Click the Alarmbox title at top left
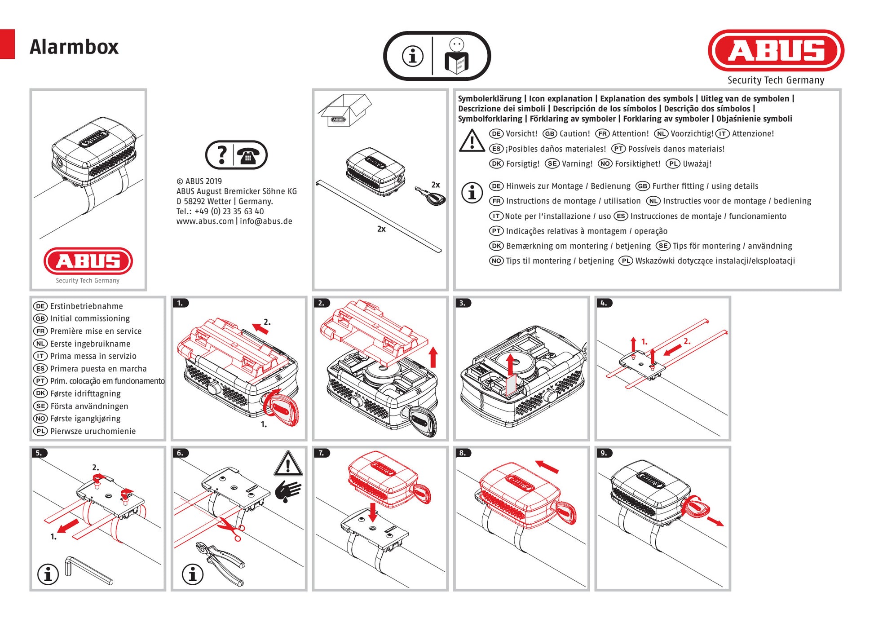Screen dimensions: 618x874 [74, 47]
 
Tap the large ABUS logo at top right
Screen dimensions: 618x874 [776, 50]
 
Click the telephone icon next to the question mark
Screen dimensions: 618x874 [248, 155]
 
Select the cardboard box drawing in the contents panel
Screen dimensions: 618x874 [344, 110]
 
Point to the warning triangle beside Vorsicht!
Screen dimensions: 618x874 [472, 141]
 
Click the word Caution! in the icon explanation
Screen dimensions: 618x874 [574, 134]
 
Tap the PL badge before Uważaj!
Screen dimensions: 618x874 [673, 164]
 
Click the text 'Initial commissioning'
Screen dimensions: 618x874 [90, 318]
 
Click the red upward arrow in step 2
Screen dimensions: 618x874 [433, 357]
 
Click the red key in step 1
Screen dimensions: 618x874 [281, 408]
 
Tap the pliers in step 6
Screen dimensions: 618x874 [221, 564]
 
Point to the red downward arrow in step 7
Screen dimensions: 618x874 [372, 512]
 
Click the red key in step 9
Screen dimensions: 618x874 [696, 508]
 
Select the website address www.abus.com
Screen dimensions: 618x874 [205, 221]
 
